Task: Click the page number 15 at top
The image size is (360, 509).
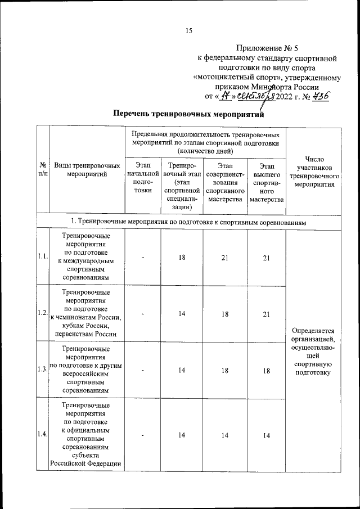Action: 189,31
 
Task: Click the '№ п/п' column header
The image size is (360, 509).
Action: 42,170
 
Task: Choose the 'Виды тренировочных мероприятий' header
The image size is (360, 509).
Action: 87,170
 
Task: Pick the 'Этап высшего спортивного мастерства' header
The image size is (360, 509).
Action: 267,182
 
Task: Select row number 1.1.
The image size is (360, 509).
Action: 42,257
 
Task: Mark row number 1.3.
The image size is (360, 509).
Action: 42,369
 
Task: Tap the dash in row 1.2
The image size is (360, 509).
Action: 143,314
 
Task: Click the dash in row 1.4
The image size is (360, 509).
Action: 143,435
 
